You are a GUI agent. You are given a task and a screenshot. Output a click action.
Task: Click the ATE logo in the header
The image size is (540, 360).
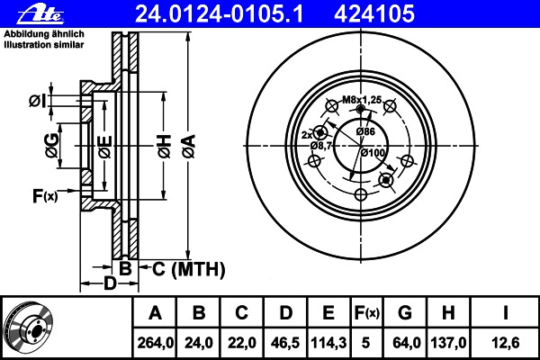point(40,14)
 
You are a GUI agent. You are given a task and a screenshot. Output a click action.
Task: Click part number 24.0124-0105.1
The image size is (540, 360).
point(219,14)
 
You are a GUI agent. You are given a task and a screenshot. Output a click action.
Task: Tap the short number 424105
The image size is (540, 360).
point(374,14)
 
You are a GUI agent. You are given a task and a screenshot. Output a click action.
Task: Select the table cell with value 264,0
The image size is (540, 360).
point(155,343)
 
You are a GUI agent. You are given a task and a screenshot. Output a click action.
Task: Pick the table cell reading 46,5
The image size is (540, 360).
point(285,343)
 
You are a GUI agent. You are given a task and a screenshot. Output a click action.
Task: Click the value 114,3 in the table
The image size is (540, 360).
point(328,343)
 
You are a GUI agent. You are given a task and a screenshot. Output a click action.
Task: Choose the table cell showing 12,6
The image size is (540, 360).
point(505,343)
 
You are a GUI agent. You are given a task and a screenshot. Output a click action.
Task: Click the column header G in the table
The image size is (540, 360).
point(405,313)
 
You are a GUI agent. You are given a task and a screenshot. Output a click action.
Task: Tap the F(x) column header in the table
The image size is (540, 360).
point(367,313)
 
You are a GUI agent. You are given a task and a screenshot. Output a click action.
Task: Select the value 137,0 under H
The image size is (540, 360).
point(448,343)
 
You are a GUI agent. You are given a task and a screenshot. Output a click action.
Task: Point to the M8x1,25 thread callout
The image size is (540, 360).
point(362,100)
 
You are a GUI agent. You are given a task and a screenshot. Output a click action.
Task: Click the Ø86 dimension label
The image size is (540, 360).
point(365,131)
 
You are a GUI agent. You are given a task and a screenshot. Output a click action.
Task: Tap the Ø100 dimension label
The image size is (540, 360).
point(373,152)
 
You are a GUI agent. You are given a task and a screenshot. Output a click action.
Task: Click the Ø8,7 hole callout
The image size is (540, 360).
point(320,146)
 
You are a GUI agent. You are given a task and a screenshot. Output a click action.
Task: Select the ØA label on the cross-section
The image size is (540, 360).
point(189,147)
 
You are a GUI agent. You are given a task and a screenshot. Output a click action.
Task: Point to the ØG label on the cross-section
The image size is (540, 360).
point(51,146)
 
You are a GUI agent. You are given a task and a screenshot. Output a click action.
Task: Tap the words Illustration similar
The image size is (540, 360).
point(44,45)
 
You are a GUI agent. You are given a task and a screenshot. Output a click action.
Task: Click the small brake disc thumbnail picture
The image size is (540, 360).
point(30,328)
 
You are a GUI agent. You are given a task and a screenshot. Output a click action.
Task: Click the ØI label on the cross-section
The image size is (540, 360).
point(38,101)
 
